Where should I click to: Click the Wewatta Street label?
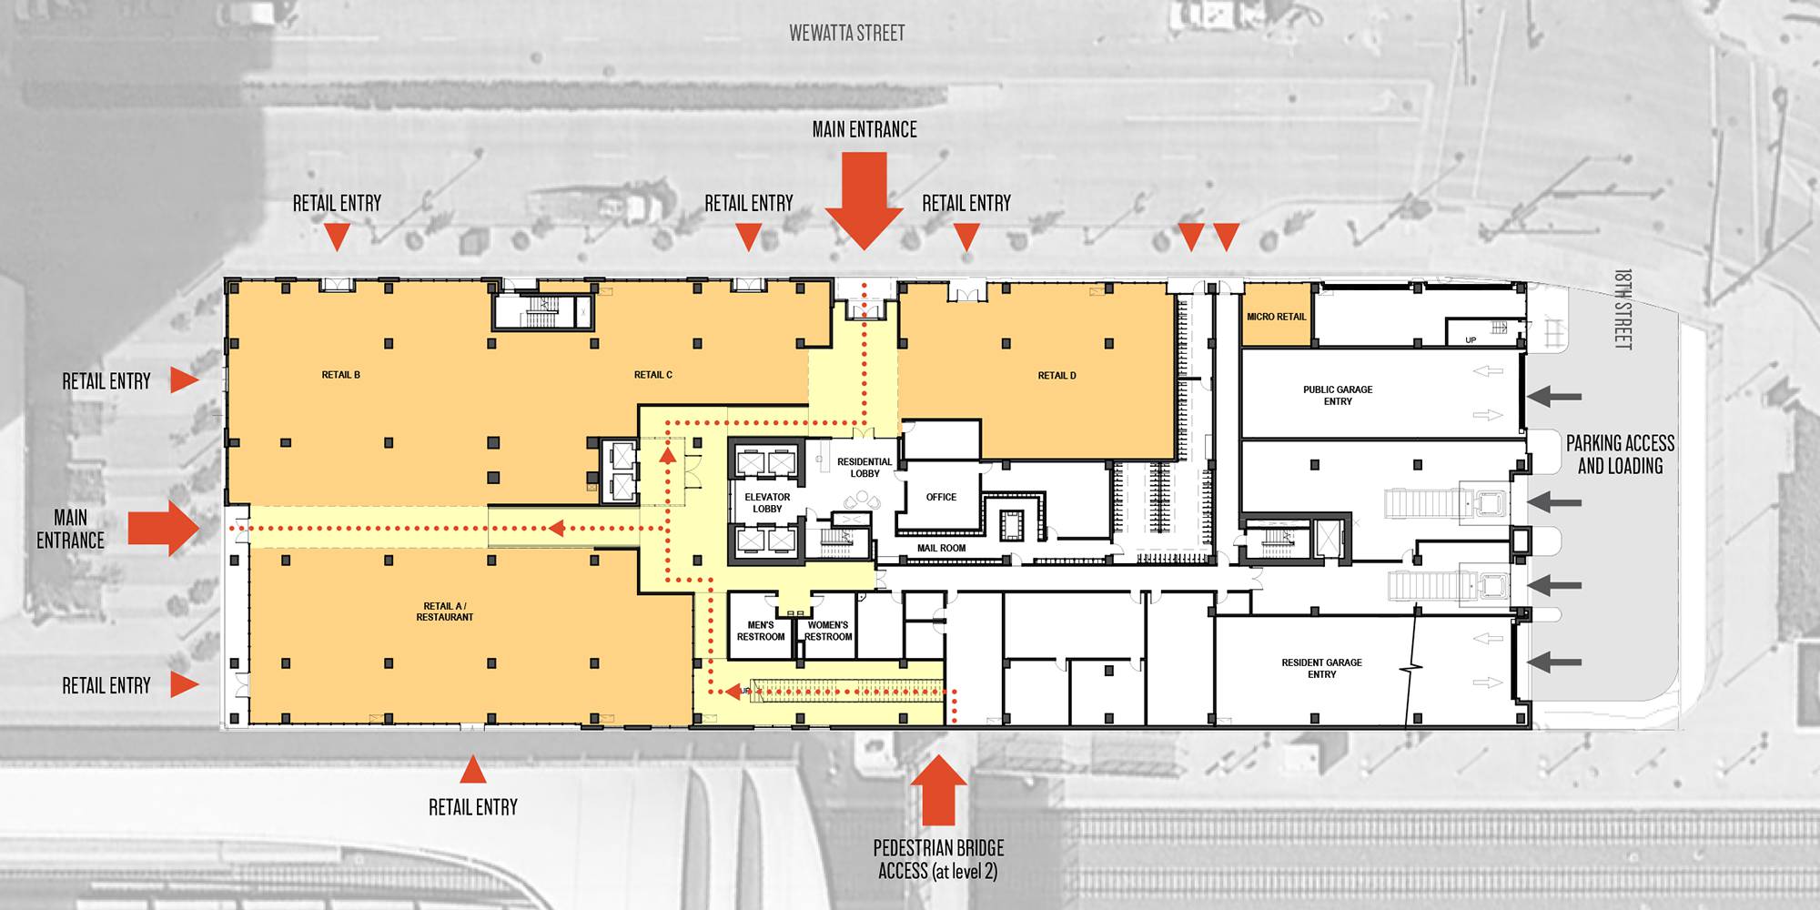(847, 34)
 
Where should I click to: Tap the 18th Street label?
(1623, 308)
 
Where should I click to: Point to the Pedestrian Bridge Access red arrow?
(939, 791)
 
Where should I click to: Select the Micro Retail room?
(1277, 315)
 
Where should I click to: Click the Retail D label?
(1057, 376)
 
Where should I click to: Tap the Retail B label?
(341, 375)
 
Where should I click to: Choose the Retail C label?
(653, 375)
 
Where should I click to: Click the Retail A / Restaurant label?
(445, 612)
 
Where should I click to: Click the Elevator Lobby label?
(767, 503)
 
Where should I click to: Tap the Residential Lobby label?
(864, 468)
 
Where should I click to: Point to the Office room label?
(941, 497)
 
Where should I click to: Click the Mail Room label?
(941, 548)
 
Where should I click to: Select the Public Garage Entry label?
(1338, 395)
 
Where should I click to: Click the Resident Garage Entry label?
(1322, 668)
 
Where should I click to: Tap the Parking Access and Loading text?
(1620, 454)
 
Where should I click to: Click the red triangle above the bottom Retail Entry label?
(472, 770)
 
